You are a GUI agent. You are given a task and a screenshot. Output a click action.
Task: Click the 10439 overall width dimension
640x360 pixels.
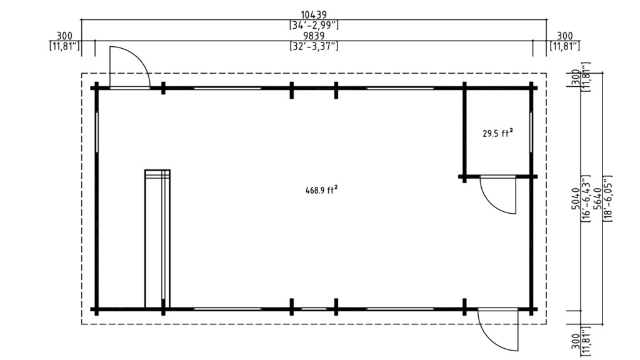pyautogui.click(x=313, y=14)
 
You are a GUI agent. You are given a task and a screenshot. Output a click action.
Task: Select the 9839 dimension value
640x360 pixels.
pyautogui.click(x=313, y=36)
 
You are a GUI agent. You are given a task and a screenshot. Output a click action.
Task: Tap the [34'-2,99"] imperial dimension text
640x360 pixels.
pyautogui.click(x=314, y=25)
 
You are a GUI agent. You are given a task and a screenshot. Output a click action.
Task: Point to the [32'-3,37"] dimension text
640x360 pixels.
pyautogui.click(x=314, y=46)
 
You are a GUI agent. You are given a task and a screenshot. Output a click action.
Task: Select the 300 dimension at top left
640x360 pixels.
pyautogui.click(x=64, y=36)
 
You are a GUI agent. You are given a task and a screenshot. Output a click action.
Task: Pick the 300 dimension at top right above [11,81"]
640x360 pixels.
pyautogui.click(x=565, y=36)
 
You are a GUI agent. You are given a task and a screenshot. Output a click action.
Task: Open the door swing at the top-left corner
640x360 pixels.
pyautogui.click(x=129, y=68)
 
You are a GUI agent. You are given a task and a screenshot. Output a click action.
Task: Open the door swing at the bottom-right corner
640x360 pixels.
pyautogui.click(x=498, y=329)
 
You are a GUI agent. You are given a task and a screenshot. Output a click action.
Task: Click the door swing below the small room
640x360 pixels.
pyautogui.click(x=498, y=196)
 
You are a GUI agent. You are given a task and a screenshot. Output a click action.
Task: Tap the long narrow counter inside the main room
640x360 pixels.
pyautogui.click(x=157, y=239)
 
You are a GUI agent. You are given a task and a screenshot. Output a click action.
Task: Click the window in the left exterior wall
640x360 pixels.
pyautogui.click(x=97, y=131)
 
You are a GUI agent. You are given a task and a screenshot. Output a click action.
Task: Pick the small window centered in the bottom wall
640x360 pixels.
pyautogui.click(x=314, y=309)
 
